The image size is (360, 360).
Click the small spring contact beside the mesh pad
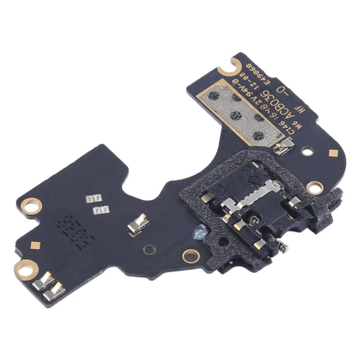pos(286,145)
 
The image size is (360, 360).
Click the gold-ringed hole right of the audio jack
pos(314,187)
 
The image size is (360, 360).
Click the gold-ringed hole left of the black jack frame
pos(191,256)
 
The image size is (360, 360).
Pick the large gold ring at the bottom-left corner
pos(25,269)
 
